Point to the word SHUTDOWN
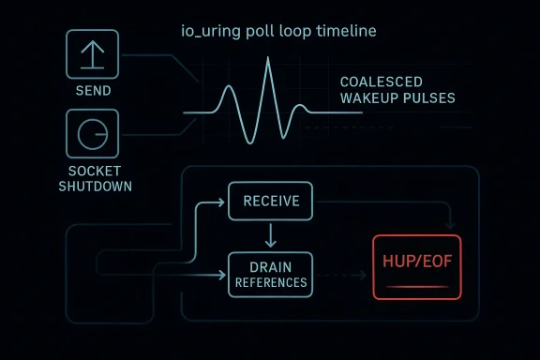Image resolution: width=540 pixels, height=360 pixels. pos(95,186)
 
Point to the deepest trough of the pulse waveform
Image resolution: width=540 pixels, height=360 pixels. pos(247,142)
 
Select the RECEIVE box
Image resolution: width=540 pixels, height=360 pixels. pos(271,201)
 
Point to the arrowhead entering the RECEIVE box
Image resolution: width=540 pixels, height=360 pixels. pos(225,201)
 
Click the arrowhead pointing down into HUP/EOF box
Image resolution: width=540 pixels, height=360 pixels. pos(452,226)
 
